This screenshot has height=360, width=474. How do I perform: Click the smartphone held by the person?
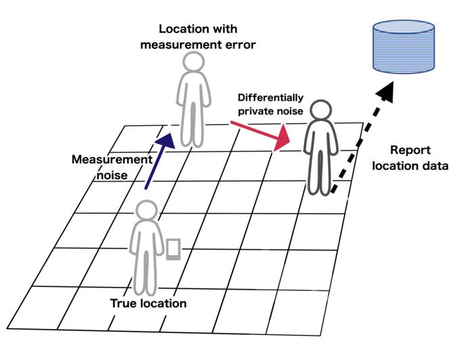pyautogui.click(x=173, y=248)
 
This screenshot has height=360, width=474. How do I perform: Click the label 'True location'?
pyautogui.click(x=148, y=303)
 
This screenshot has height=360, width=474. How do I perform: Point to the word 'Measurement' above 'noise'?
pyautogui.click(x=112, y=160)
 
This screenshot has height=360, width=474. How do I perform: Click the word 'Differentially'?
pyautogui.click(x=270, y=97)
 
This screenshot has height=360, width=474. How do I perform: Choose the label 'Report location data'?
pyautogui.click(x=410, y=157)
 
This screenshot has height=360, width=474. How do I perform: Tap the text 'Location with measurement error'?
pyautogui.click(x=198, y=37)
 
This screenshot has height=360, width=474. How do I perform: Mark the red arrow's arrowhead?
pyautogui.click(x=282, y=140)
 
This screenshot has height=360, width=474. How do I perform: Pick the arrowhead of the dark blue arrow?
pyautogui.click(x=165, y=138)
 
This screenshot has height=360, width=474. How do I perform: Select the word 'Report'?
pyautogui.click(x=410, y=150)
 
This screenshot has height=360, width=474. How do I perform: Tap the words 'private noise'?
pyautogui.click(x=270, y=110)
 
